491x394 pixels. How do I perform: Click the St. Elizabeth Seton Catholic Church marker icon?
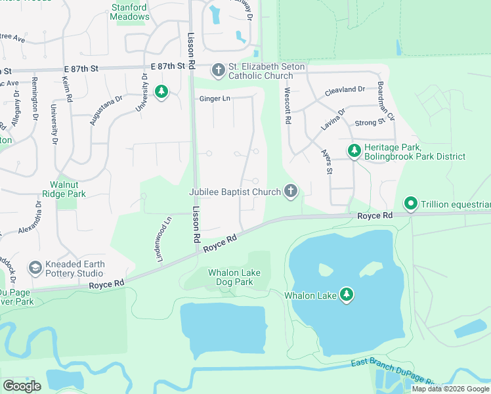pos(219,70)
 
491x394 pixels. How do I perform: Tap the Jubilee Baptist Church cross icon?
pos(291,192)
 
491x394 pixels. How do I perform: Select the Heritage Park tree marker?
pos(354,152)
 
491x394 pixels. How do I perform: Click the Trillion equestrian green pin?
pos(411,204)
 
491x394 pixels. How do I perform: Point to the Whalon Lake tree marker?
pos(347,295)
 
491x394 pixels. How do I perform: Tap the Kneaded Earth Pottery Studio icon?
pos(35,268)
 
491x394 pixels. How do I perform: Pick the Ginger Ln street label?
pos(215,98)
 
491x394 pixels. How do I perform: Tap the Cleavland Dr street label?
pos(345,89)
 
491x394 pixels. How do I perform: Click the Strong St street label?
pos(370,123)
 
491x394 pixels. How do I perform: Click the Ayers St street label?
pos(326,161)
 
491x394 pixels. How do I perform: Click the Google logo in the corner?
pos(22,386)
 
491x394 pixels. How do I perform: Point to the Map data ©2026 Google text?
pos(450,389)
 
